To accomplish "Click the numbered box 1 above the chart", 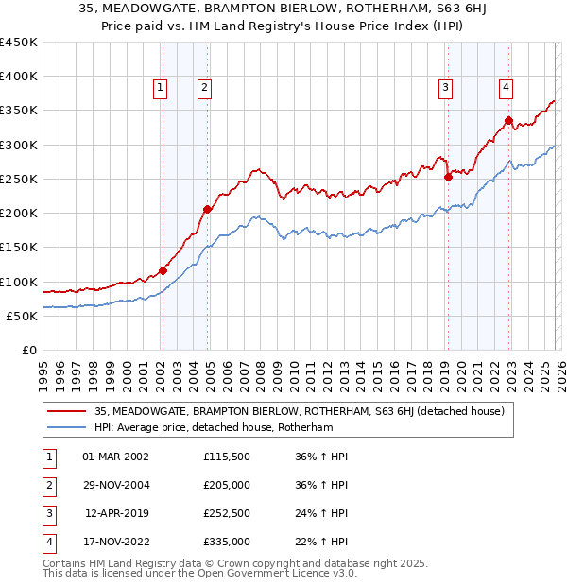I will click(x=161, y=88).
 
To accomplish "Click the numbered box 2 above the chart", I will click(x=203, y=88).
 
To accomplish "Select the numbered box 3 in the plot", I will click(x=445, y=88).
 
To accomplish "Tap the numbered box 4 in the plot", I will click(x=507, y=88).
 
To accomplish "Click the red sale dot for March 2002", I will click(x=163, y=271).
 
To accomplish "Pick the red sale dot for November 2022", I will click(x=508, y=121).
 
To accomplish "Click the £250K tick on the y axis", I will click(x=19, y=179).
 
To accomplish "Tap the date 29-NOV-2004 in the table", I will click(x=116, y=485).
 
